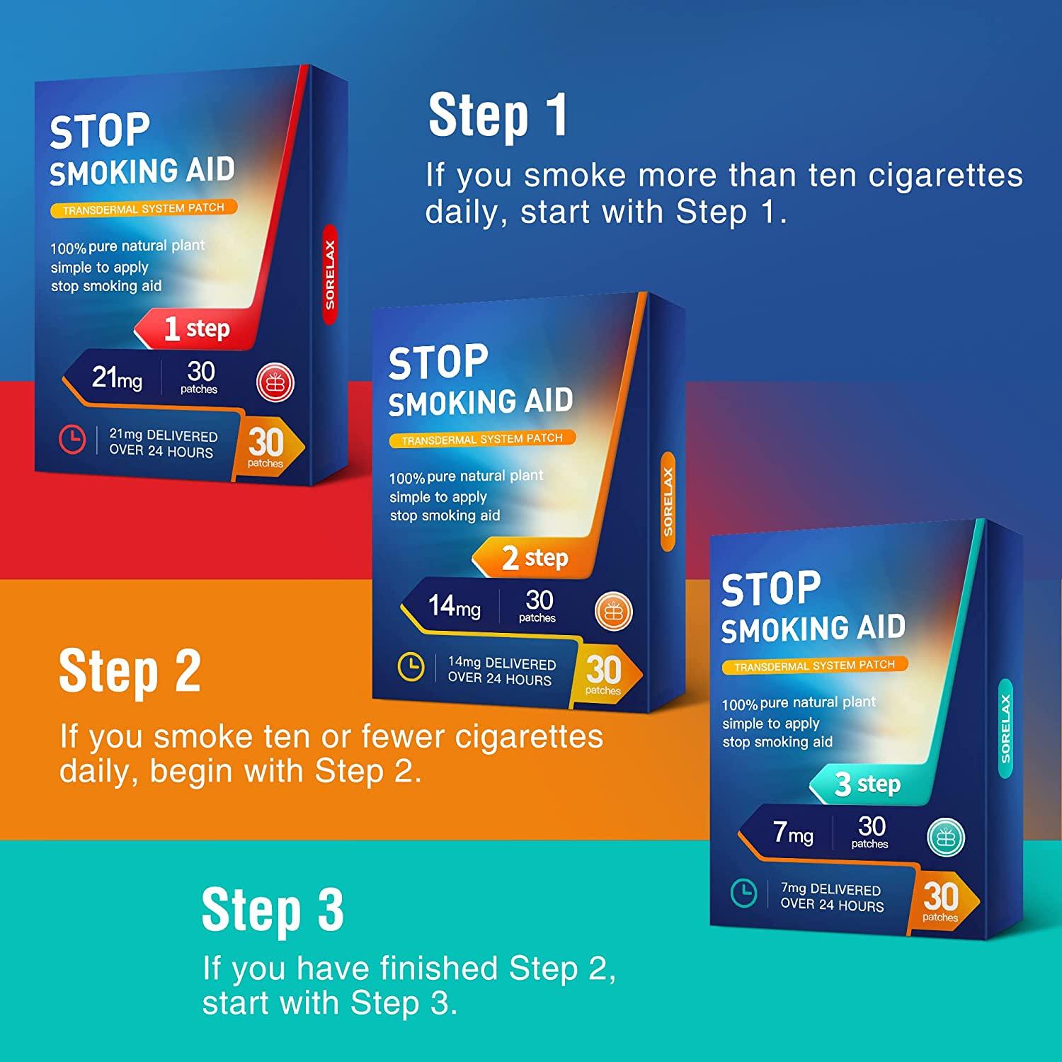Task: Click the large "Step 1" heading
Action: click(498, 115)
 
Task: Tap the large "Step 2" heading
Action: click(130, 671)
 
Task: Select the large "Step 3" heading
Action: click(273, 910)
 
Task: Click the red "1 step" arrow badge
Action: click(191, 329)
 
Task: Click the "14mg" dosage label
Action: click(454, 606)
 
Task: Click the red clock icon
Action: click(72, 440)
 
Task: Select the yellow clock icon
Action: click(411, 667)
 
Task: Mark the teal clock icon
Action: click(743, 893)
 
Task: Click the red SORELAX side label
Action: click(330, 275)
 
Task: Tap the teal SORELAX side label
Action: click(1005, 729)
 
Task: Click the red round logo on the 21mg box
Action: click(275, 382)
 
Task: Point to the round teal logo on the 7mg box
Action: click(945, 836)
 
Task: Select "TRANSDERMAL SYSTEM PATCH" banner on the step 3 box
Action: click(814, 666)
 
